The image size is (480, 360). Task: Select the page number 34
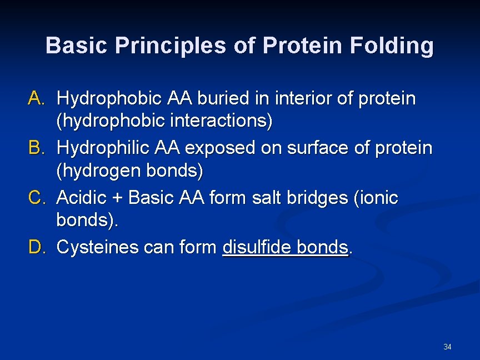click(x=447, y=347)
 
